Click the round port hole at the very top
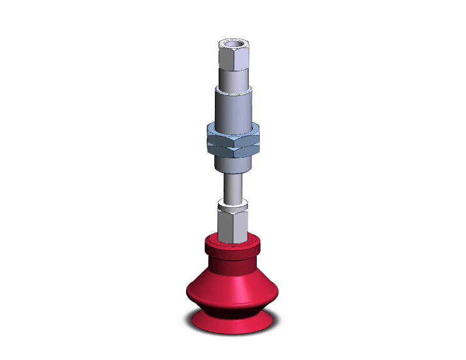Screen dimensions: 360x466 tap(232, 43)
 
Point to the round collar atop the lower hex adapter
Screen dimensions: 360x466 tap(232, 205)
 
